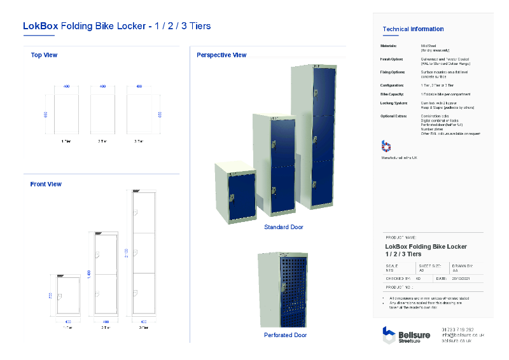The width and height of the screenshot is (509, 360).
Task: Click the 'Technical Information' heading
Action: pos(413,29)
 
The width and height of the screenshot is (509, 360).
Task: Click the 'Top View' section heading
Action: pos(44,55)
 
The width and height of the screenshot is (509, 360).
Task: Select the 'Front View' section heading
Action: pos(46,184)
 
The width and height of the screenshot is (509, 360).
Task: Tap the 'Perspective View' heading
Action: pos(221,55)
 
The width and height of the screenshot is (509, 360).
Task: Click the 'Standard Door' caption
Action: pos(283,227)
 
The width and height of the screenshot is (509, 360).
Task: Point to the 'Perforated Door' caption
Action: pos(285,335)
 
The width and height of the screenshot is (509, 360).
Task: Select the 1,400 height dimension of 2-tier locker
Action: pos(89,273)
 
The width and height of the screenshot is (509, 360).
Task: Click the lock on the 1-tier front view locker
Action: pos(60,297)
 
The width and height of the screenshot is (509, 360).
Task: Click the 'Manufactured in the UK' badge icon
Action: pos(386,146)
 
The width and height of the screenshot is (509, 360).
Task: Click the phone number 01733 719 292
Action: pos(457,329)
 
